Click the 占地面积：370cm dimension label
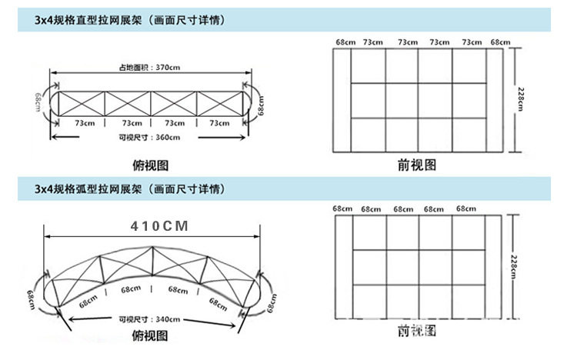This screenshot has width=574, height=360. coord(149,66)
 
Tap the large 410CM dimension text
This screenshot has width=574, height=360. coord(159,227)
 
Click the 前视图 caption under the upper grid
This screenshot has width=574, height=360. coord(417,165)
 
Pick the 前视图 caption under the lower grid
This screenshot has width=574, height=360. coord(417,332)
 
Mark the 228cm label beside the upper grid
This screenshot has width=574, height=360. coord(522,99)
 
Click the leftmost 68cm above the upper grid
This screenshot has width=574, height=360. coord(344,42)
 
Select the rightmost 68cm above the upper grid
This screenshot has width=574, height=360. coord(500,42)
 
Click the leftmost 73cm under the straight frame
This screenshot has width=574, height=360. coord(85,122)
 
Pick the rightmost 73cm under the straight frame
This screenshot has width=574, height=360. coord(219,122)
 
